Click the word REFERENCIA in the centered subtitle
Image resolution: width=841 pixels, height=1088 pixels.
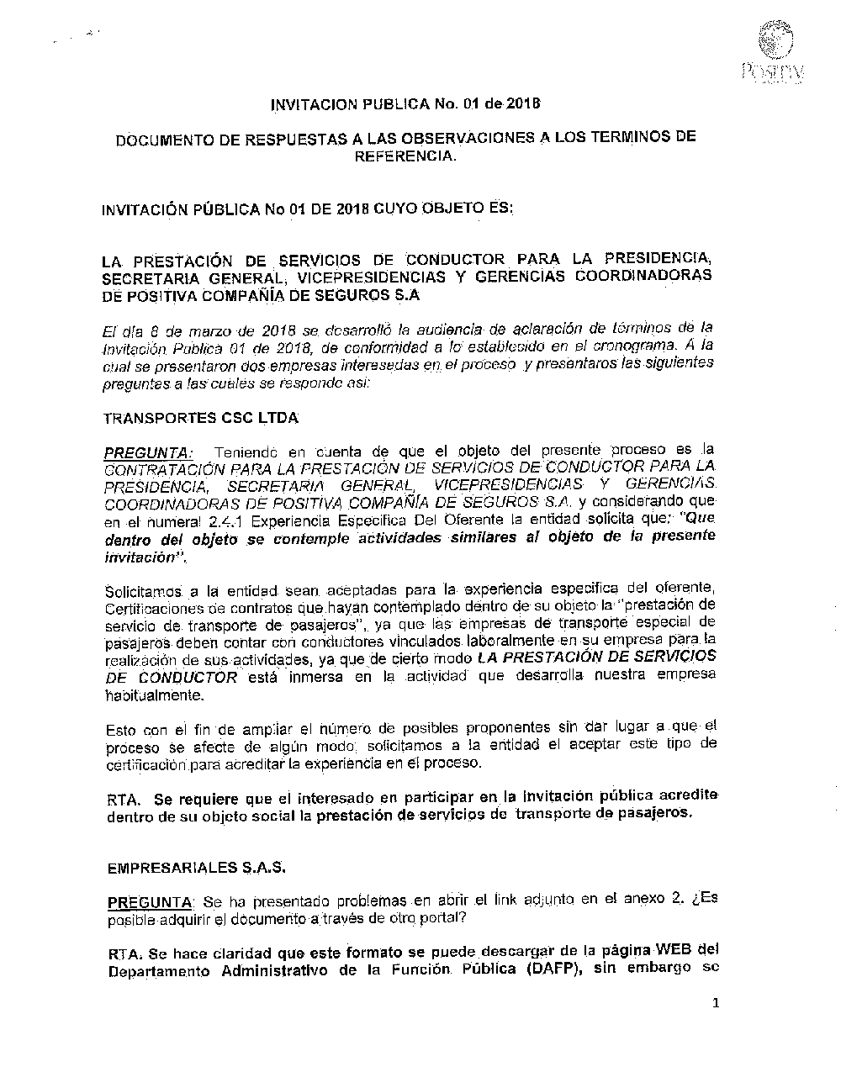point(405,156)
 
